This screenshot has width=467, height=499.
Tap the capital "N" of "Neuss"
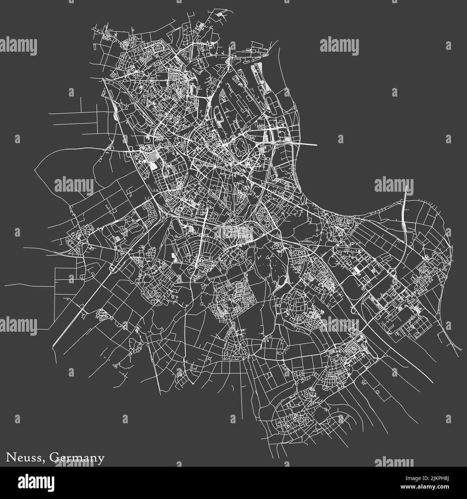[x=10, y=458]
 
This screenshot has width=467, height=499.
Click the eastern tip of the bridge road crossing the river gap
[x=317, y=145]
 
